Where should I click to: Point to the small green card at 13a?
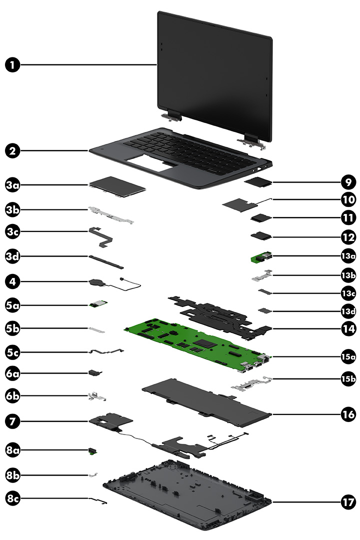261,257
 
